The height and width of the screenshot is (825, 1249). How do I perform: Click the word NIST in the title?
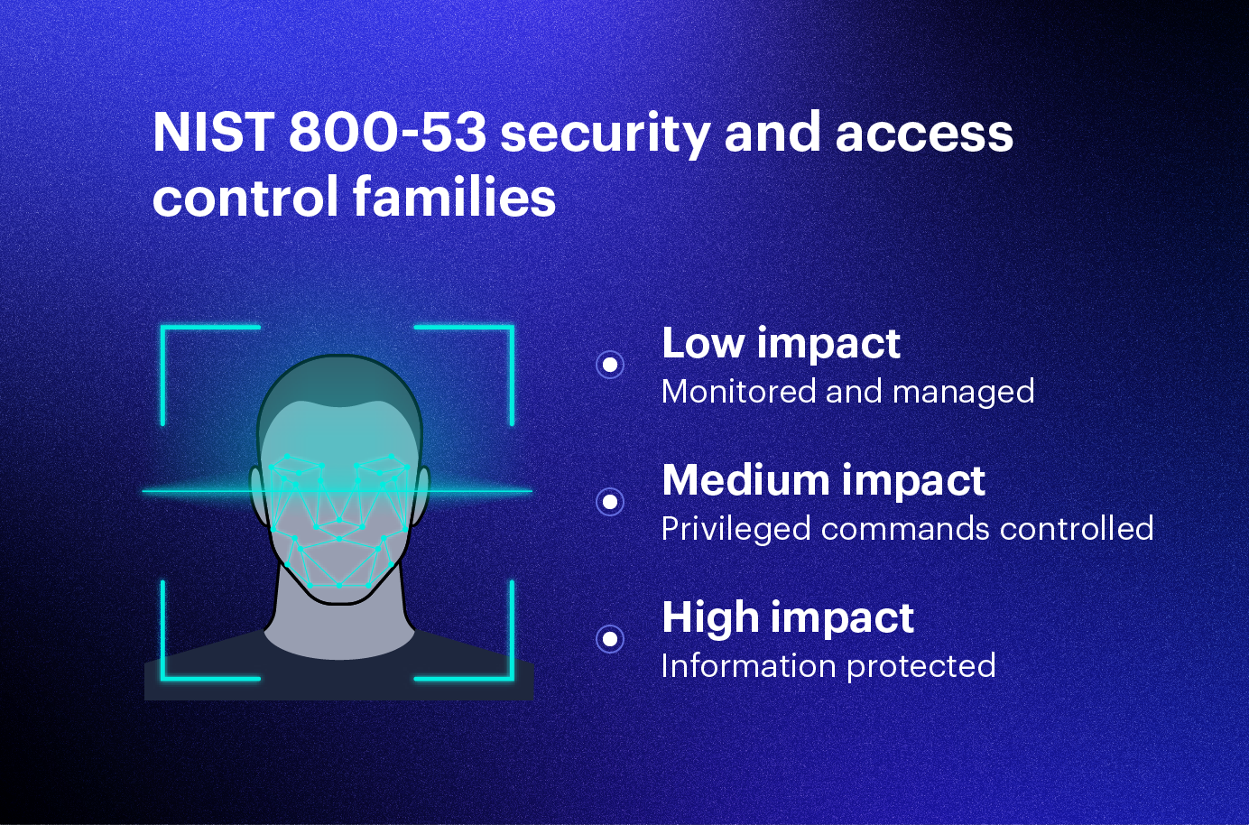click(213, 133)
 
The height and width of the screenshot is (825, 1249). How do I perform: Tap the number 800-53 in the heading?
click(387, 133)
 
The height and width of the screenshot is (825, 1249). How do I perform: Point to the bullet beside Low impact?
click(610, 365)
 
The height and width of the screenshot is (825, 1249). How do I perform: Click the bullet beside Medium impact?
click(610, 502)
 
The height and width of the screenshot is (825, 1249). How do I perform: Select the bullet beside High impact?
click(610, 639)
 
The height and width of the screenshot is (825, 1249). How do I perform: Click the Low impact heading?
click(781, 343)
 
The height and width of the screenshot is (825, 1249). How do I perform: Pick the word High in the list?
click(709, 617)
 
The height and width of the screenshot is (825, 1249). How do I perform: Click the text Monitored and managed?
click(847, 392)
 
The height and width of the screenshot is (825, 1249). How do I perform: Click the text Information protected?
click(828, 666)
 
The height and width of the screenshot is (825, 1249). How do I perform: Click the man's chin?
click(339, 591)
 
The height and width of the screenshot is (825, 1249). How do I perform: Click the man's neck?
click(339, 627)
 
